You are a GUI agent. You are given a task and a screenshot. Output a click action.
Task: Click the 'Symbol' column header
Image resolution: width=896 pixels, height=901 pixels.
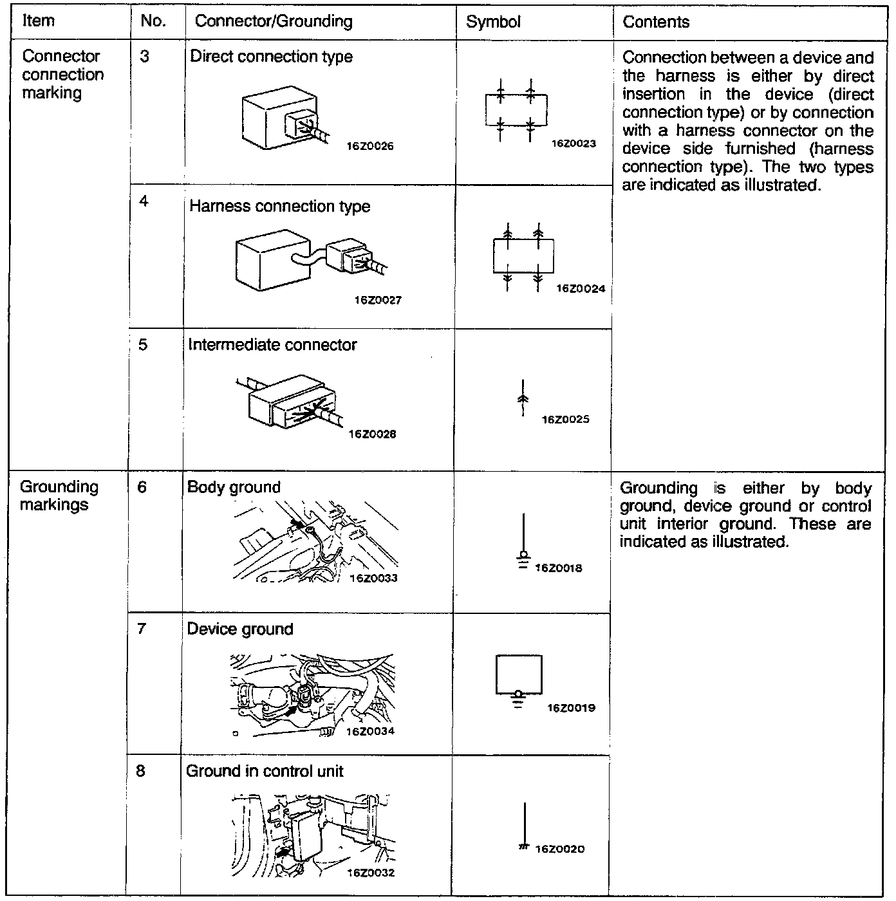pos(493,22)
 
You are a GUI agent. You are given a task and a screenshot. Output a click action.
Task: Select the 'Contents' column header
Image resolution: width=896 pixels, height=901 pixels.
pos(656,22)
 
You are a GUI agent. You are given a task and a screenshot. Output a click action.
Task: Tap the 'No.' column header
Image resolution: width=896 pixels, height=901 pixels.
pos(153,21)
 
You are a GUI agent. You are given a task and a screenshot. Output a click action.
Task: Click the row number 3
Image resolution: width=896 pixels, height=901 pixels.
pos(144,57)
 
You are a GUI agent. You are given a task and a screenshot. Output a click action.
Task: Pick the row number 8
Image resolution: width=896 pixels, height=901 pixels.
pos(140,770)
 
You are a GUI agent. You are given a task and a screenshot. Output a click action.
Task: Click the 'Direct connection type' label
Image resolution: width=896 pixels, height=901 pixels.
pos(271,57)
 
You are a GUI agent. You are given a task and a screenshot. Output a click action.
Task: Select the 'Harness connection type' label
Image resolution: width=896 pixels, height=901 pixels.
pos(279,207)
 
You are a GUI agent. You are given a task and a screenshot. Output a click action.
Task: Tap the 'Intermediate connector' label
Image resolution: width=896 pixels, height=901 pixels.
pos(272,345)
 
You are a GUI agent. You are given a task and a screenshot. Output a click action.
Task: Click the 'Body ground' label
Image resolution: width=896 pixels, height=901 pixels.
pos(234,487)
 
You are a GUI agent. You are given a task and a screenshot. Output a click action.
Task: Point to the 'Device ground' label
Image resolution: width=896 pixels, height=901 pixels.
pos(239,629)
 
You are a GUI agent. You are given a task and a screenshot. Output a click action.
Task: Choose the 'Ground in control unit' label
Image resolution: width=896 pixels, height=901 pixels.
pos(265,771)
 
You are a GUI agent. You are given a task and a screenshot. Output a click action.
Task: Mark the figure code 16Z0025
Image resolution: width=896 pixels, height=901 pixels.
pos(565,420)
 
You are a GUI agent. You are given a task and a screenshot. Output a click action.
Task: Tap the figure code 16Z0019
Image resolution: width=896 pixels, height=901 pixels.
pos(571,708)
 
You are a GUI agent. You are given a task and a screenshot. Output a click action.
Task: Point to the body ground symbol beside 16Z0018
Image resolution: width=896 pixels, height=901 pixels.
pos(524,541)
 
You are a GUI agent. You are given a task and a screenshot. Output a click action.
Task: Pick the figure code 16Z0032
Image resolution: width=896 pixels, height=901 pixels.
pos(370,873)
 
